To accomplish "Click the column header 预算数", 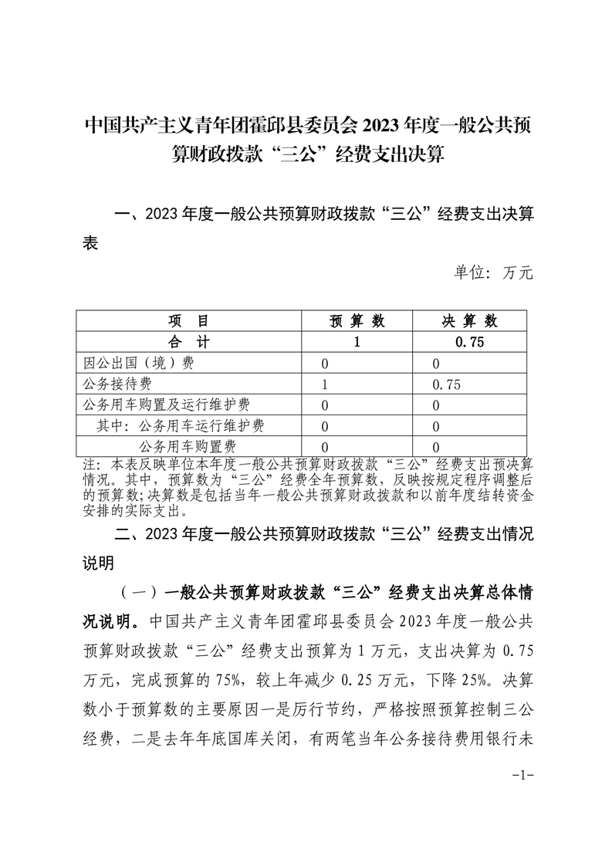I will coord(357,321).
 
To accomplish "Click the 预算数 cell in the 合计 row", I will coord(357,342).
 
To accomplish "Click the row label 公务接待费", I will coord(117,384).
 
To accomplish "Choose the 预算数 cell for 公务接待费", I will coord(325,384).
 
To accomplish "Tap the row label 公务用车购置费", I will coord(188,446).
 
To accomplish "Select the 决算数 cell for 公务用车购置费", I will coord(437,447).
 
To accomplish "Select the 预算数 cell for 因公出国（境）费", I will coord(325,364).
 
